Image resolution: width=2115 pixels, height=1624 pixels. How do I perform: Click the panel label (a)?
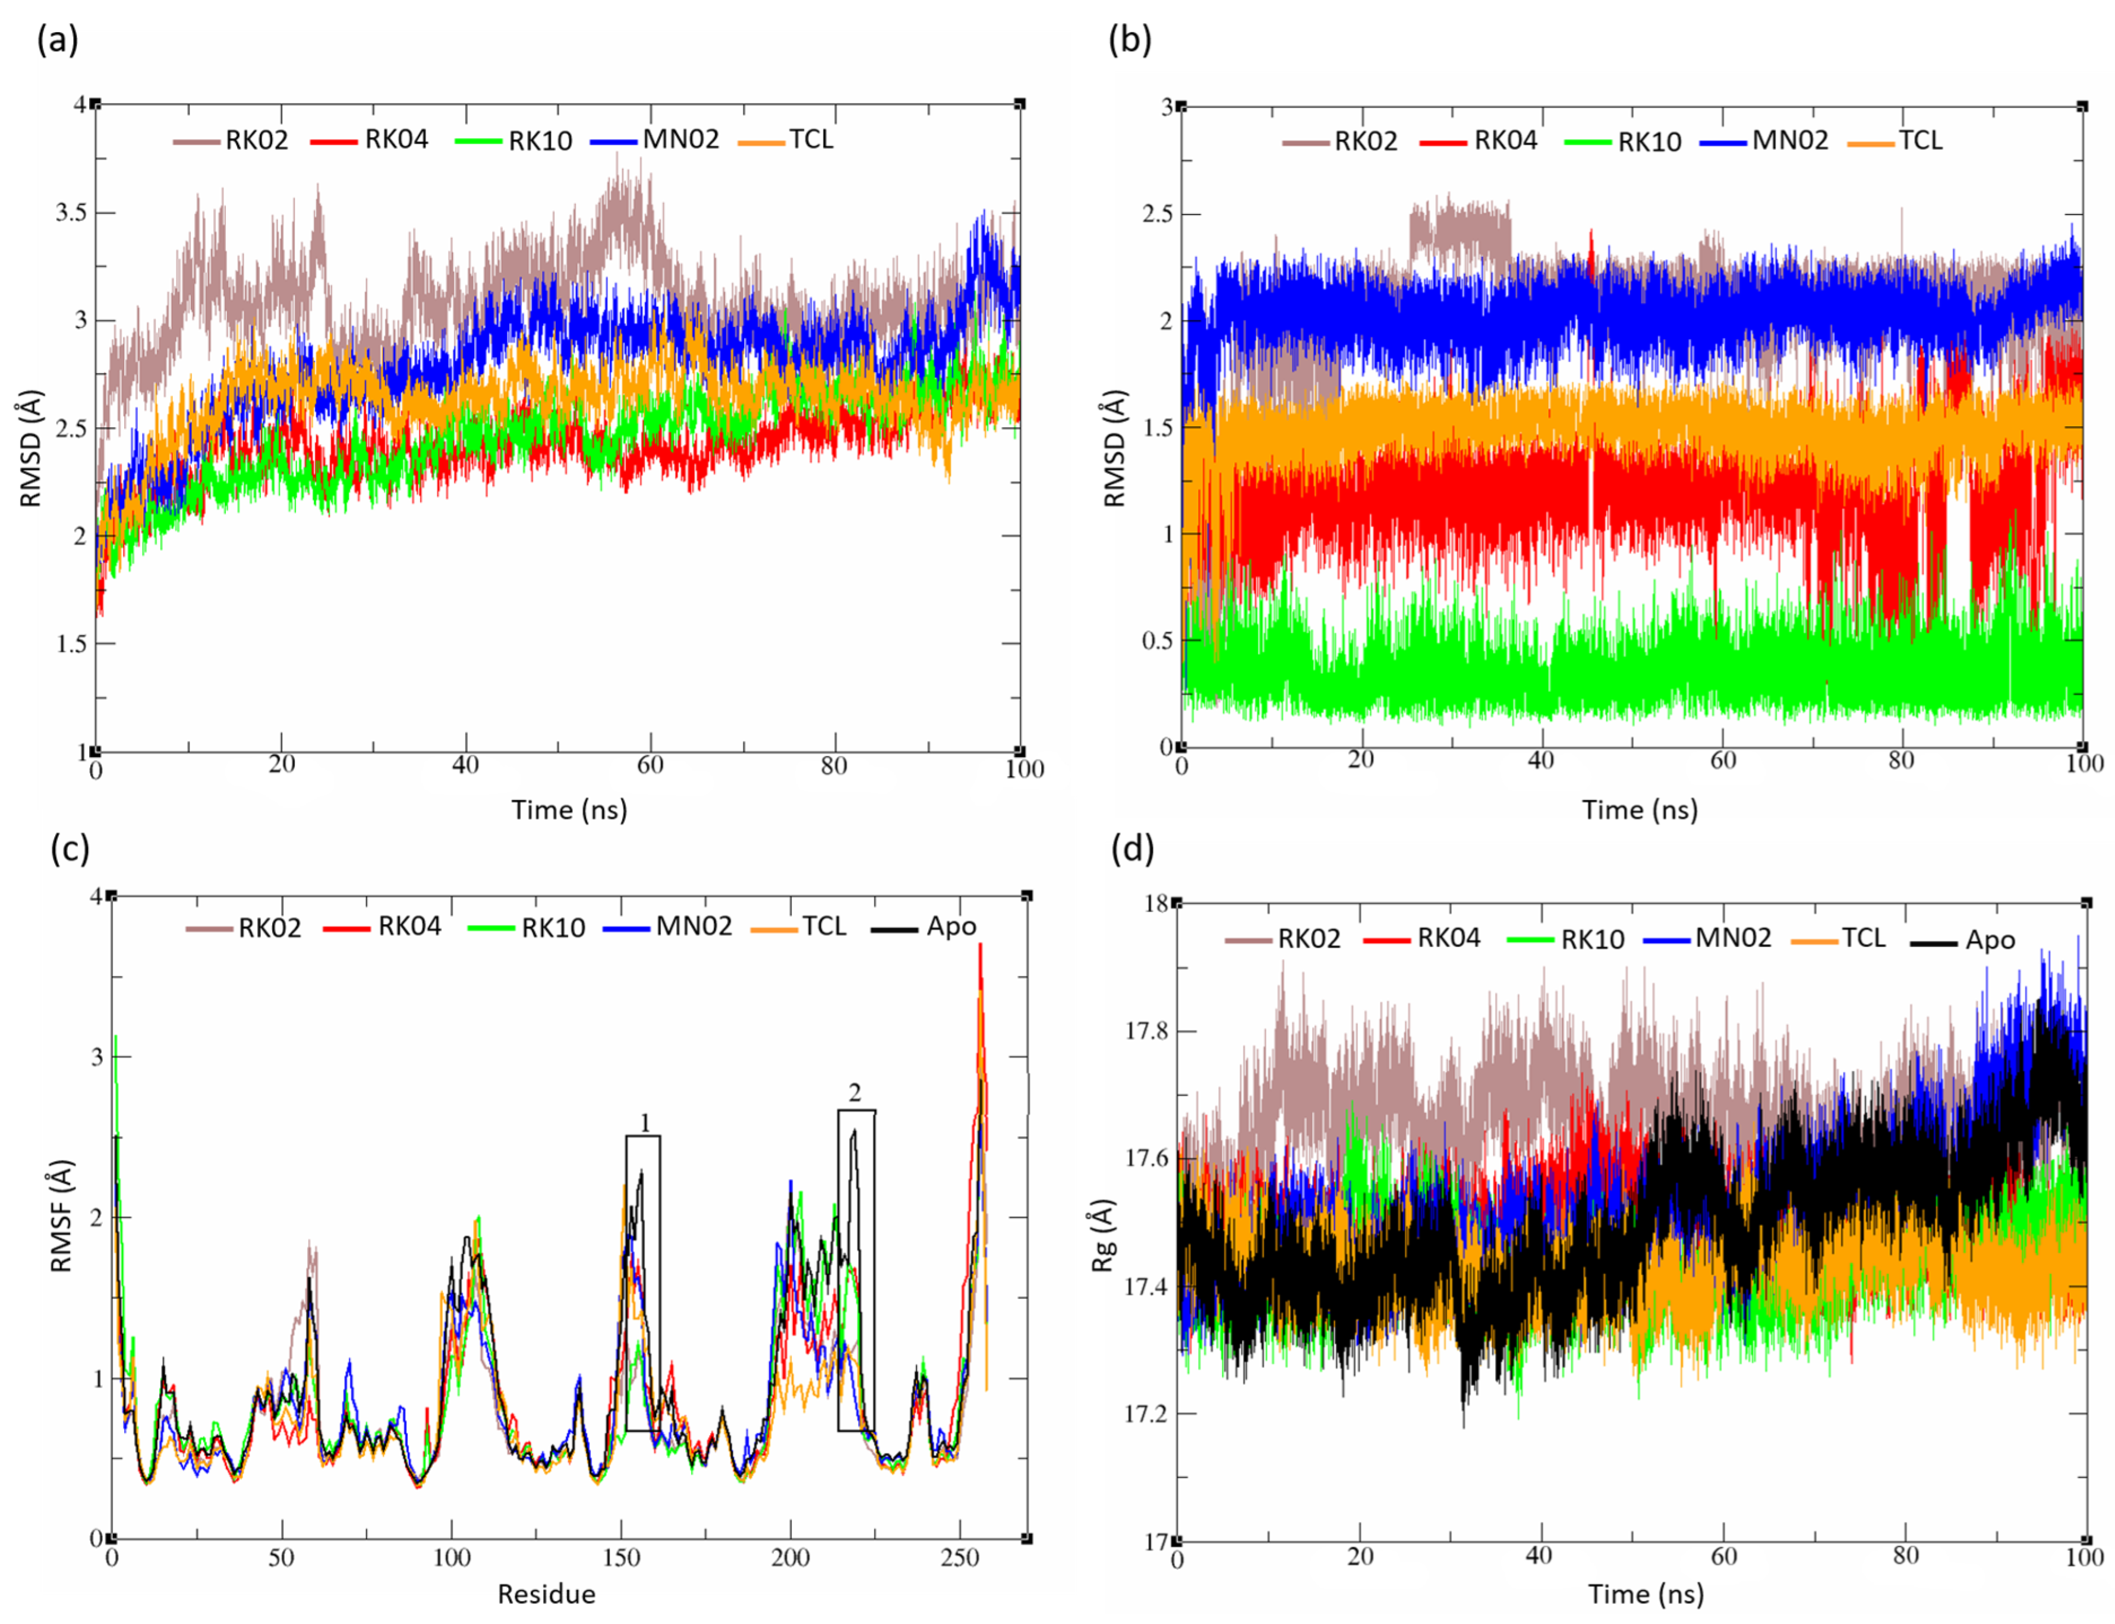click(57, 40)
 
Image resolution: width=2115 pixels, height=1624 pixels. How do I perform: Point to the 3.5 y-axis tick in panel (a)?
click(71, 213)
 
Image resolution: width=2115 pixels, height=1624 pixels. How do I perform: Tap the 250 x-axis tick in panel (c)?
click(960, 1557)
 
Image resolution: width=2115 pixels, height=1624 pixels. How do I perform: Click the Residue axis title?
click(546, 1594)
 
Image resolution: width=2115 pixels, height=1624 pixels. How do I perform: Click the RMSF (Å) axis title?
click(60, 1216)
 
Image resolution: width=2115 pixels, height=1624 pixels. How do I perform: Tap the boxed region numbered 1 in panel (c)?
click(643, 1284)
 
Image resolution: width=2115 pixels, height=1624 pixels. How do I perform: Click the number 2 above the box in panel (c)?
click(855, 1093)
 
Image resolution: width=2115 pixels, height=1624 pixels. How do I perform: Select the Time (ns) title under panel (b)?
click(1640, 810)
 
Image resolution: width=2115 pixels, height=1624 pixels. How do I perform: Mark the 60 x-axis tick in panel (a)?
click(650, 765)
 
